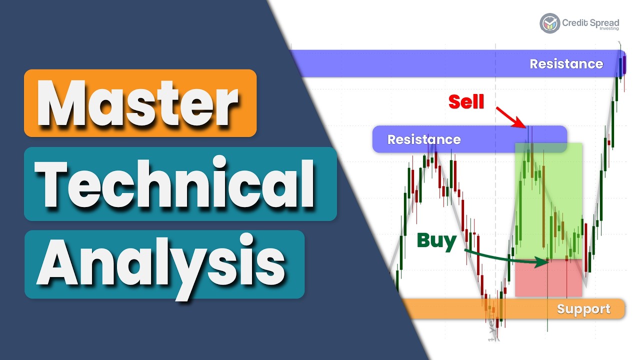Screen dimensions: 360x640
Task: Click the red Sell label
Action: (466, 101)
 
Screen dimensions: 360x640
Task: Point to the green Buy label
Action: (436, 241)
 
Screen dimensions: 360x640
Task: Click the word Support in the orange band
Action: (583, 309)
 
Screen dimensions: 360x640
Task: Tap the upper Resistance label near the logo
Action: (566, 64)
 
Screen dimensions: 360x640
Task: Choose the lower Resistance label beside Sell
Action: (424, 139)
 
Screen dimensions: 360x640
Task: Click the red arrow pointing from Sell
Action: (510, 116)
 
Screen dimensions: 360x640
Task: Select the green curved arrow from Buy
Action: (505, 257)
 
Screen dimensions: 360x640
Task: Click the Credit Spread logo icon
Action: (549, 23)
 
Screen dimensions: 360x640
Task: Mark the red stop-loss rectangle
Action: (548, 278)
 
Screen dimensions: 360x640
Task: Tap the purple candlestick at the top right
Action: (623, 65)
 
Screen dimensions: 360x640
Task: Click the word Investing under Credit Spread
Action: (608, 29)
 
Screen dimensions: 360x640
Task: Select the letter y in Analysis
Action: (189, 270)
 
